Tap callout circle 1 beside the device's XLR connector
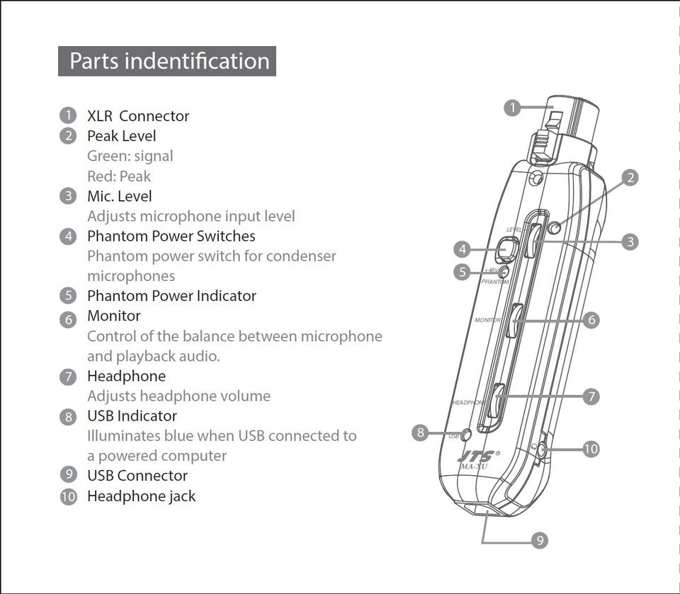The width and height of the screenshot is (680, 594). (512, 108)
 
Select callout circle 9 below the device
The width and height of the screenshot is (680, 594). (540, 541)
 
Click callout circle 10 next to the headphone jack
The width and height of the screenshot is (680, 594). (591, 449)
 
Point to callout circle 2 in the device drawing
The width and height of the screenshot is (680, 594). (630, 178)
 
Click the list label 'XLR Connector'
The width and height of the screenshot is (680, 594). (138, 116)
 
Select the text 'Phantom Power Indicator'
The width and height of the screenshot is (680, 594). (171, 296)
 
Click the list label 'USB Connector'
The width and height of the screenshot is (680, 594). (137, 476)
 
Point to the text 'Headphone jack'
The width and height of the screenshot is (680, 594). (141, 496)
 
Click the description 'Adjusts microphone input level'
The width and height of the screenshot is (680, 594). (191, 216)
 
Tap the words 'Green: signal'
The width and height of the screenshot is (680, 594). (130, 156)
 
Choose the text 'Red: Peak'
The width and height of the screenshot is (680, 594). (119, 176)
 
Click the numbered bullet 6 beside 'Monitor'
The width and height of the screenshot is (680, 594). (68, 319)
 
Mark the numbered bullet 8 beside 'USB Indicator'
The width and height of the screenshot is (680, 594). (68, 417)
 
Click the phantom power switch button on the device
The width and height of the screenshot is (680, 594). (507, 249)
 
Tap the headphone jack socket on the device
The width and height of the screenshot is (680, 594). (541, 449)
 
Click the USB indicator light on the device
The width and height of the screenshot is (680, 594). (466, 435)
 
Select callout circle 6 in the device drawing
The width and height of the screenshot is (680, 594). (591, 320)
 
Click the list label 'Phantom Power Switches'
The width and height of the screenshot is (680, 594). (171, 236)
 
